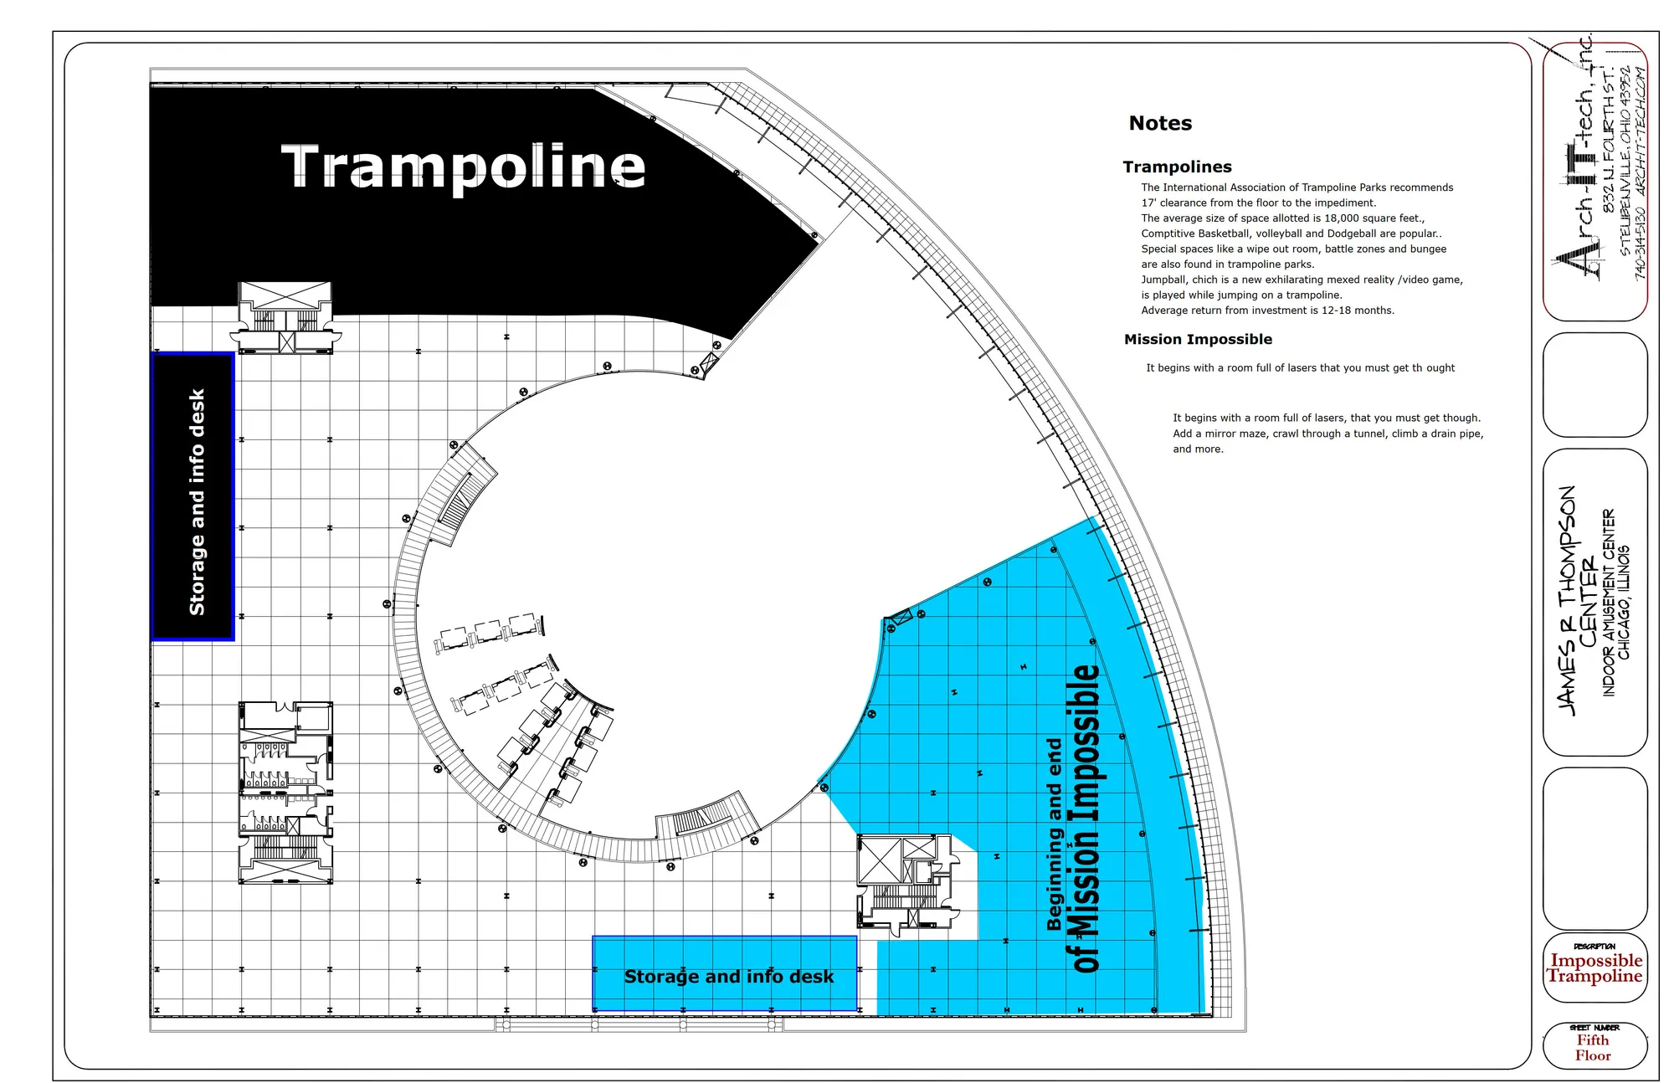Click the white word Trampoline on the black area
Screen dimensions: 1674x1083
464,167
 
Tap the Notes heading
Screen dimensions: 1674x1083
1160,123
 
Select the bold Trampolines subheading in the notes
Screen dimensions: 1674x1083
1177,167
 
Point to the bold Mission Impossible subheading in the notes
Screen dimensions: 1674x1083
1198,339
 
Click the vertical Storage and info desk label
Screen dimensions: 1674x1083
197,501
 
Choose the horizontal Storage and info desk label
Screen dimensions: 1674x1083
728,977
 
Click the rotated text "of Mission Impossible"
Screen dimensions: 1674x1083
1086,818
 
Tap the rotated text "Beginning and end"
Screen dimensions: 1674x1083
1054,834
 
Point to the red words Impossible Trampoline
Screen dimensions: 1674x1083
1595,968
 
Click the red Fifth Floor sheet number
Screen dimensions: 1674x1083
1593,1048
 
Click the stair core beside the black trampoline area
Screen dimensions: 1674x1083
285,318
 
